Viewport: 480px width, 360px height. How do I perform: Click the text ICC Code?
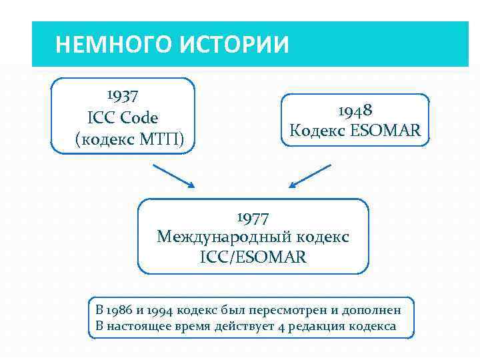123,118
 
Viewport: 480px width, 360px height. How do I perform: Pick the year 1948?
355,110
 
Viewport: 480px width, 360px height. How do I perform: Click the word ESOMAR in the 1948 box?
385,131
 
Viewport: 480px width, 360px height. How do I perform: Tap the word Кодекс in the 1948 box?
317,131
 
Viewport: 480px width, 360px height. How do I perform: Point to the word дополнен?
373,310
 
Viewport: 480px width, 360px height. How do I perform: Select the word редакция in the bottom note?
313,326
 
